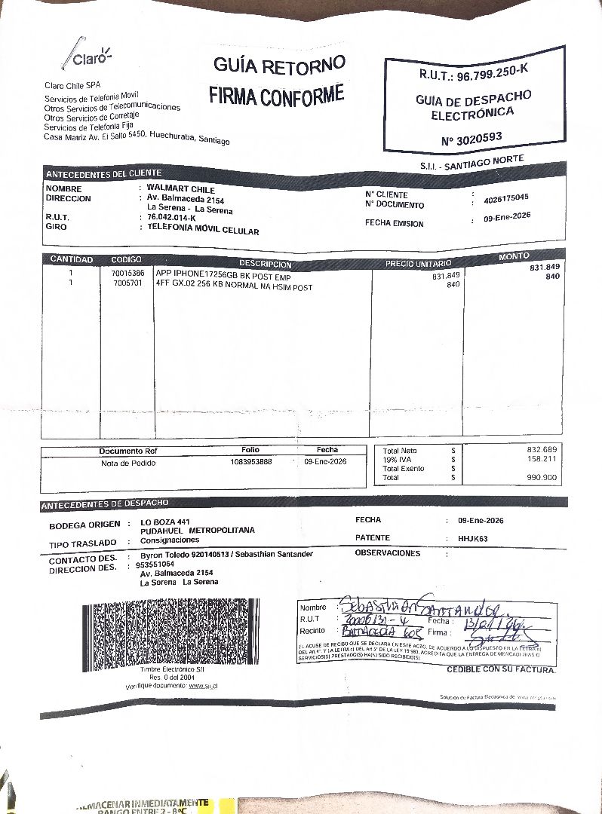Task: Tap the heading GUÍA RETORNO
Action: [279, 65]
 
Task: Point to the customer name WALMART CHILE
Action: [181, 189]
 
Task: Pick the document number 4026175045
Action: [506, 199]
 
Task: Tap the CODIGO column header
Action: [126, 260]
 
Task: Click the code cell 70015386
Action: [127, 273]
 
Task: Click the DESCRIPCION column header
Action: [265, 265]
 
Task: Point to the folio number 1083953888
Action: [251, 461]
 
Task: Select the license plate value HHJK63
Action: [473, 539]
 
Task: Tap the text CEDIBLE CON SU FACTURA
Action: [501, 669]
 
